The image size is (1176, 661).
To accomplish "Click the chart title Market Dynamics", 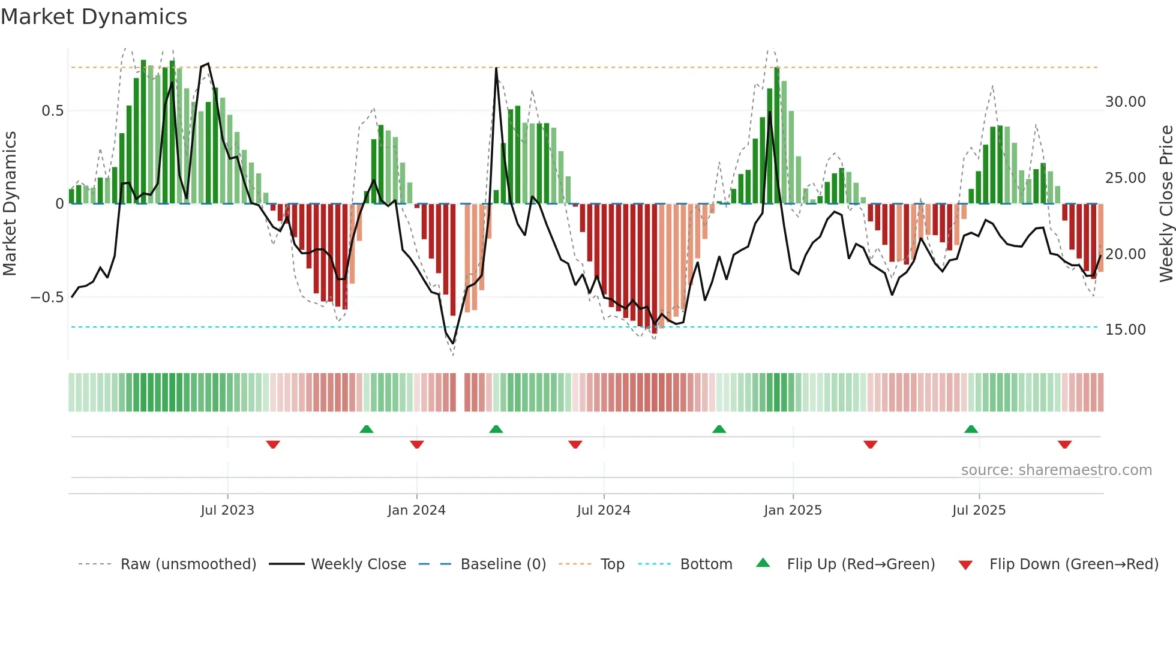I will [x=94, y=17].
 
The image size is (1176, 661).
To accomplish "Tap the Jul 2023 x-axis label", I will [x=227, y=510].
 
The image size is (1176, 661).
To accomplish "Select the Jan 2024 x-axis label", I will [x=416, y=510].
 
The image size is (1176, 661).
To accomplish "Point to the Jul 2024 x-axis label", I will [x=604, y=510].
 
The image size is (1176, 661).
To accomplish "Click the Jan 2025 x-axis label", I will [x=793, y=510].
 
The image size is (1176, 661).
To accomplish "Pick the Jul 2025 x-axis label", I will [x=979, y=510].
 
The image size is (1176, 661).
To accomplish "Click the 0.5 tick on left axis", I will [x=53, y=111].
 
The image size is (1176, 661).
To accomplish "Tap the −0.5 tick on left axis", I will [x=47, y=298].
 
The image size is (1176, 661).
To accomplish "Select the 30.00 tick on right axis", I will [x=1126, y=102].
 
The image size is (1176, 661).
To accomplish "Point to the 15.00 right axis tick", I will [x=1126, y=330].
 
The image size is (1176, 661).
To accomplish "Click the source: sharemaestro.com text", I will [x=1056, y=470].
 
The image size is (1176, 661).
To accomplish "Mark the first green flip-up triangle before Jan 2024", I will [x=367, y=429].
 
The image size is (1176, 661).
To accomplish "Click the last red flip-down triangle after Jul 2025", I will [x=1065, y=444].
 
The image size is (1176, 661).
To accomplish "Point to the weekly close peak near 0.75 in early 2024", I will [x=496, y=68].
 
